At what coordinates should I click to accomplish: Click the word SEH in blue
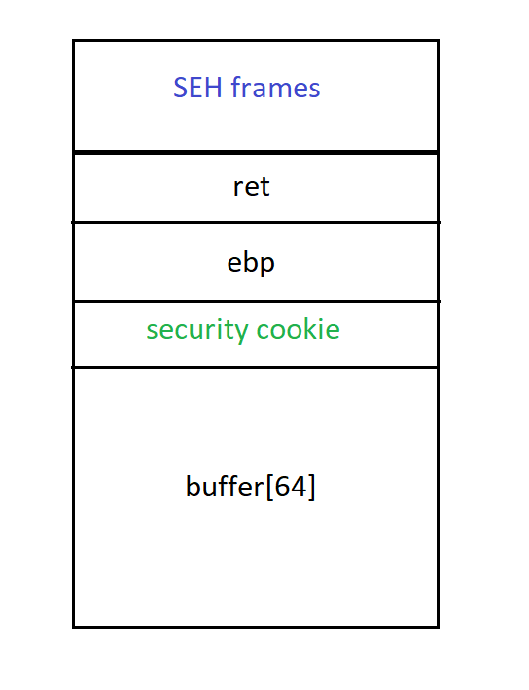197,88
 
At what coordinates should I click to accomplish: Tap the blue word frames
276,88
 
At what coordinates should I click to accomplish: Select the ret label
251,187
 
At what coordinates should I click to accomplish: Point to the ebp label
251,263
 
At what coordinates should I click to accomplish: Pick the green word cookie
299,329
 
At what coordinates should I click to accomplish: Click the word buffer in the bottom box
225,486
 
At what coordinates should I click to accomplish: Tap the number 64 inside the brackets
291,487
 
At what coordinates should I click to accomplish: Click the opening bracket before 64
269,487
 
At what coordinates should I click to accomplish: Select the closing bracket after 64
312,487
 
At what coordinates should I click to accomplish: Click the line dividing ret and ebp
256,222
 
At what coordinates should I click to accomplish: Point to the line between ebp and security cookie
257,301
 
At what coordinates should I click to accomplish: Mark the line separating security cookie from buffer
255,367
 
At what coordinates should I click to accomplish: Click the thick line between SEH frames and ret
256,152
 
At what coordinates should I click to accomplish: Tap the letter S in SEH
181,88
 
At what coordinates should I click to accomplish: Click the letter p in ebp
266,265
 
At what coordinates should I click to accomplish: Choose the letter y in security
241,333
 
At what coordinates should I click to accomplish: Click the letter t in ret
264,188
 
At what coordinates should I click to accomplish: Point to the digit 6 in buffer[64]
282,487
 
